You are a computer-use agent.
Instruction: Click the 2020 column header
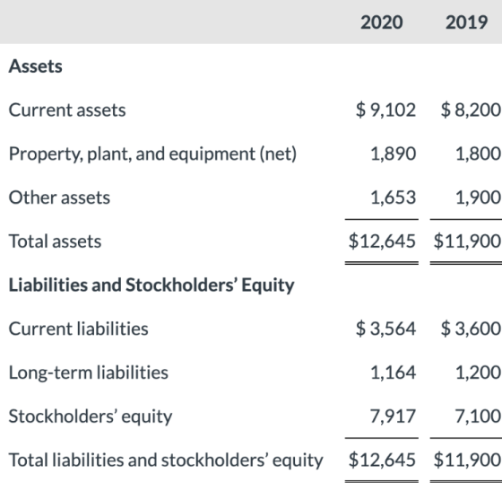pos(382,22)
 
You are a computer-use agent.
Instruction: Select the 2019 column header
pos(466,22)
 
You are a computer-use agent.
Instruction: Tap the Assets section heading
pos(36,66)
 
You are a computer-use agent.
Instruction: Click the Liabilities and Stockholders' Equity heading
pos(151,285)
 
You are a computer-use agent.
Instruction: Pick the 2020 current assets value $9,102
pos(385,110)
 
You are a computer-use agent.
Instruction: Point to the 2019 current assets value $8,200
pos(471,110)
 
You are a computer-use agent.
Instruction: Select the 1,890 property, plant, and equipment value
pos(394,154)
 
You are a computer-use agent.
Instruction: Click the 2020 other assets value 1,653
pos(394,198)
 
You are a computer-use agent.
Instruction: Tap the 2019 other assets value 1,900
pos(478,198)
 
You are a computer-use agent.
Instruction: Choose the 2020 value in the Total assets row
pos(382,241)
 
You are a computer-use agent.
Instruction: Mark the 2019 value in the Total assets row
pos(467,241)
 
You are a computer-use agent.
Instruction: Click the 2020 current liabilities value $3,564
pos(385,329)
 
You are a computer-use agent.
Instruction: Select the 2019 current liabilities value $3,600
pos(471,329)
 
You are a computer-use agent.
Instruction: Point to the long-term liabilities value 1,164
pos(394,373)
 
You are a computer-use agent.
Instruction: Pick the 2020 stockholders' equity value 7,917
pos(393,417)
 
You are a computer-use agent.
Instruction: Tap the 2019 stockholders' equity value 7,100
pos(478,417)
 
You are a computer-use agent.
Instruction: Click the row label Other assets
pos(59,198)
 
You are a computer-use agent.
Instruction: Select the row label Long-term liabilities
pos(89,373)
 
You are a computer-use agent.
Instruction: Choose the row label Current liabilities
pos(79,329)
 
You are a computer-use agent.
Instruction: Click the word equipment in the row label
pos(212,154)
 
